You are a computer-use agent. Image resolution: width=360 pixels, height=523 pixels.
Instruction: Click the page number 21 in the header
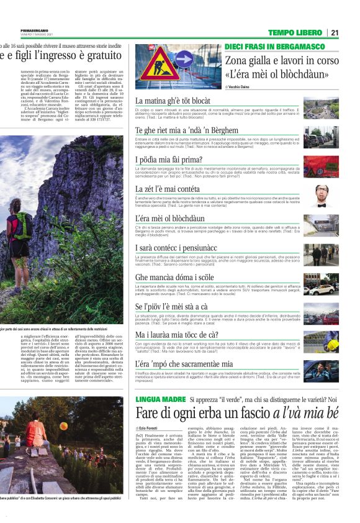click(x=334, y=33)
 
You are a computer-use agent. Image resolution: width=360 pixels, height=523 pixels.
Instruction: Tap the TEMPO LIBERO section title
click(x=295, y=33)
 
